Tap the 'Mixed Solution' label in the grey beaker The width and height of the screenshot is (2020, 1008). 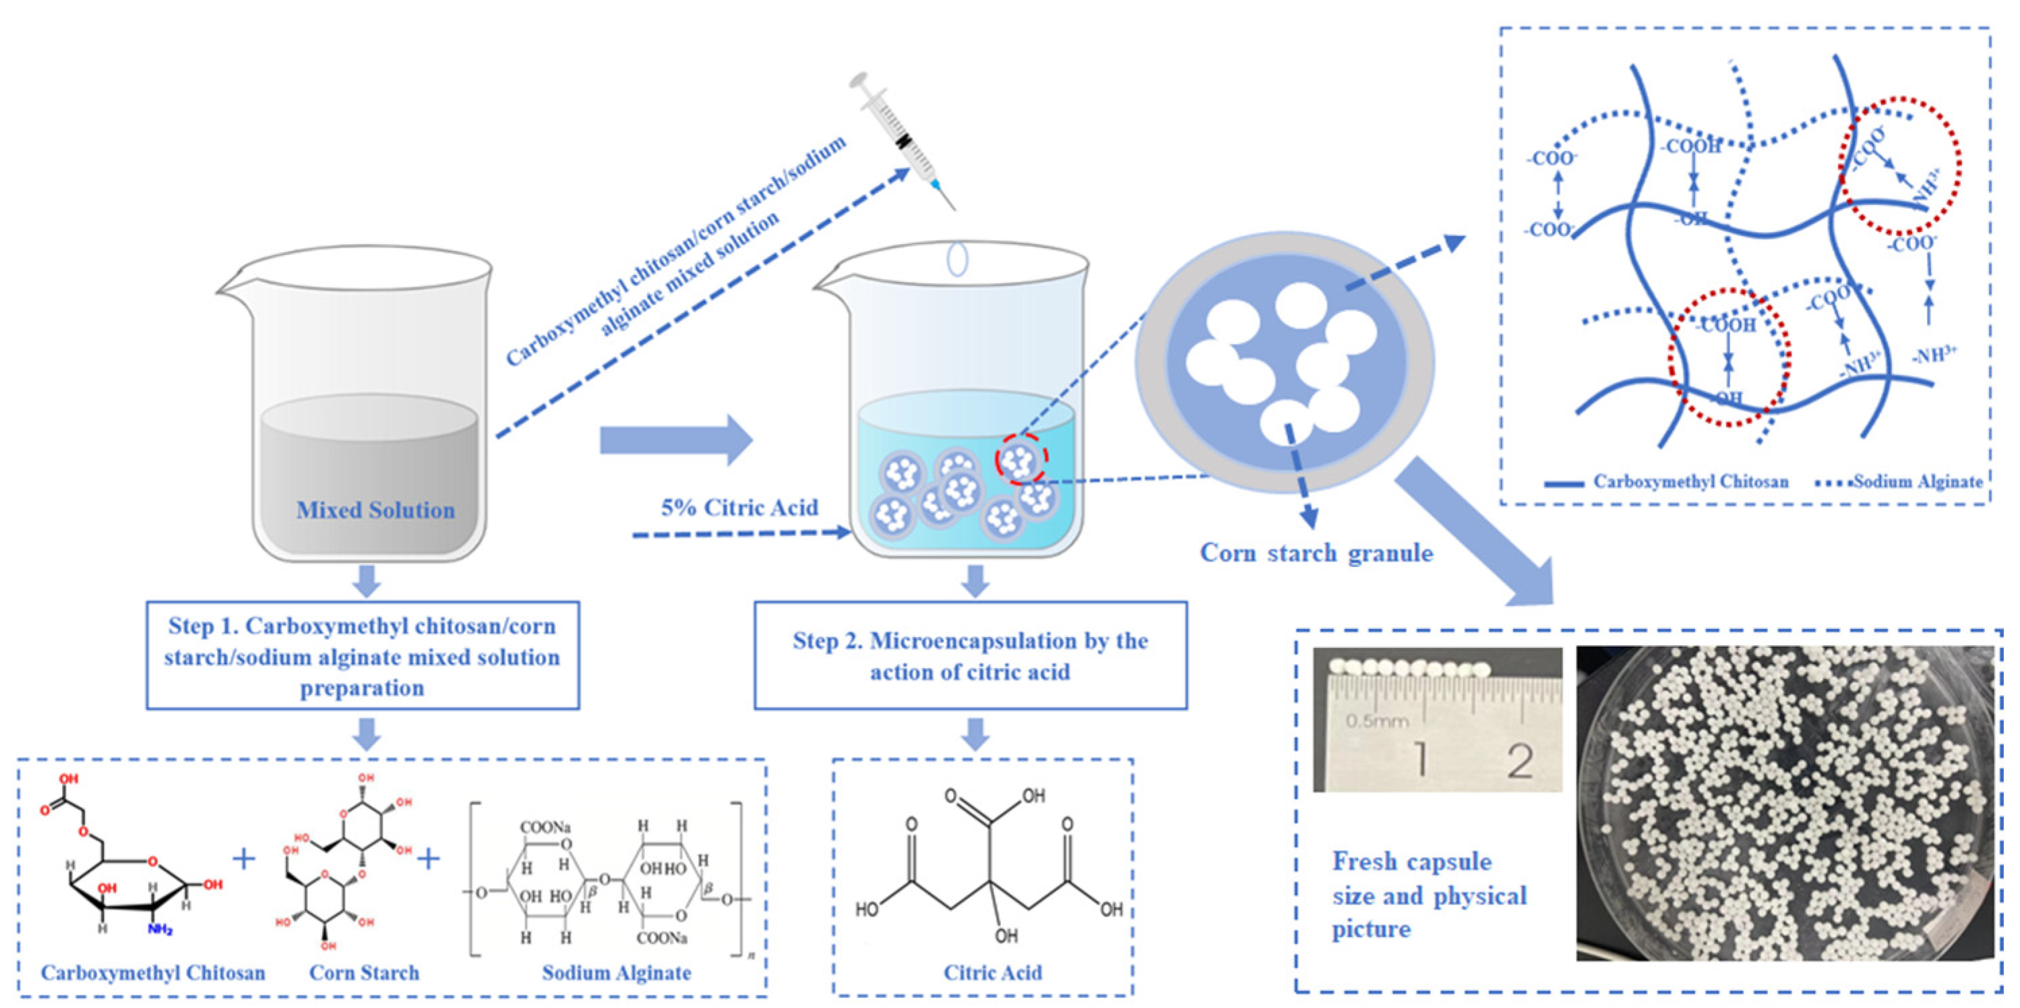point(375,510)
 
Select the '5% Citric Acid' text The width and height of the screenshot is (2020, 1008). point(739,508)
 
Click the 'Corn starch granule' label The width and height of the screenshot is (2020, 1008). point(1316,553)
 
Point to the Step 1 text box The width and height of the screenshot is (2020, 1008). point(363,656)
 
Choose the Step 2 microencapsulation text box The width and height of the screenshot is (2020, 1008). point(970,656)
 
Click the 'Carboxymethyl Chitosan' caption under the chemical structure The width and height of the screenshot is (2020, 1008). point(153,973)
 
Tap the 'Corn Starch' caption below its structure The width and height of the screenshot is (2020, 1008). point(364,973)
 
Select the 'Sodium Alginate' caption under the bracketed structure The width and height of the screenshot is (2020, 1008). point(616,973)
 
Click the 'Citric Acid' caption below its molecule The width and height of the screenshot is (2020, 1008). point(992,973)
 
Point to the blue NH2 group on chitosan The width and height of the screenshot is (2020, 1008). point(160,930)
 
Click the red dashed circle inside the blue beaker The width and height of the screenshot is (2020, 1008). point(1020,460)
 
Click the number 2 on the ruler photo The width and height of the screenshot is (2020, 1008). point(1519,760)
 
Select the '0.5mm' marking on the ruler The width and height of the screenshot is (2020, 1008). point(1377,720)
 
